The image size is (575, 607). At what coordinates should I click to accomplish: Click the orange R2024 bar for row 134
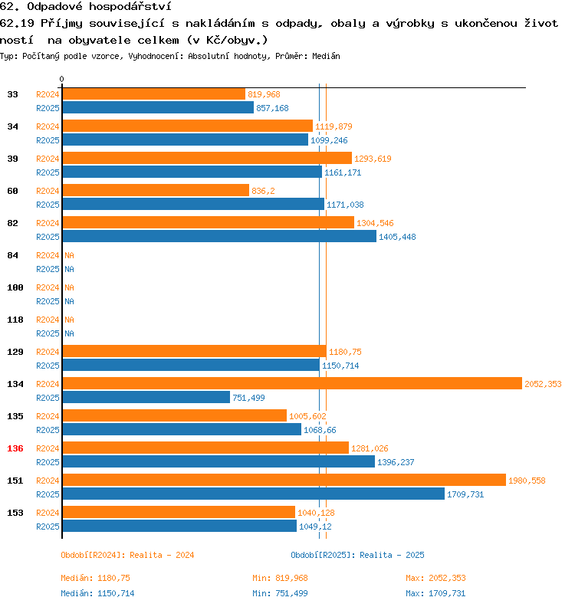coord(291,383)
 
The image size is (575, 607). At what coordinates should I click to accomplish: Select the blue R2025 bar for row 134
coord(146,397)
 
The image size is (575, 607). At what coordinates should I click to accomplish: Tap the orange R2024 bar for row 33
coord(153,94)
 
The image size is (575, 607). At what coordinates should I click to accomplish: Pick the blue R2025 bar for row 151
coord(253,494)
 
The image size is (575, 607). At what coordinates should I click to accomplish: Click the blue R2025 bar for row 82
coord(219,236)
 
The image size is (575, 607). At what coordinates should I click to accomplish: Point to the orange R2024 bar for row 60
coord(156,190)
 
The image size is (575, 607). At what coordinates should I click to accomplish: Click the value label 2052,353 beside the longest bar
coord(542,384)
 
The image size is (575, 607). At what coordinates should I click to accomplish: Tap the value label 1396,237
coord(396,462)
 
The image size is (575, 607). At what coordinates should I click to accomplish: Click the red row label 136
coord(15,448)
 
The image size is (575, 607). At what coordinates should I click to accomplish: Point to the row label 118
coord(15,320)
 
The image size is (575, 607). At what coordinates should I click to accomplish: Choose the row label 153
coord(15,513)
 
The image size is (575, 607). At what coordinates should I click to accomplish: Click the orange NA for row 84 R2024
coord(69,255)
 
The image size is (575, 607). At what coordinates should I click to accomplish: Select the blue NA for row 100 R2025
coord(69,301)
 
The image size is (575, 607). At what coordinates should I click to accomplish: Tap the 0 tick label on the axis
coord(62,79)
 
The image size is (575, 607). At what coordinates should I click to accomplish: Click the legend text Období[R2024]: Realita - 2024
coord(127,555)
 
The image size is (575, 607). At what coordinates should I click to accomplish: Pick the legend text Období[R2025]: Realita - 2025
coord(357,555)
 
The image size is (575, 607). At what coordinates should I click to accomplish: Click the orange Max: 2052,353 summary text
coord(435,578)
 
